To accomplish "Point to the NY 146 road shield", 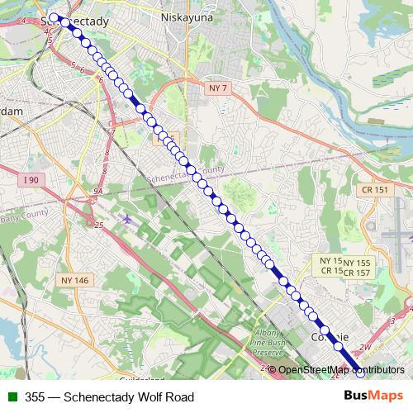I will tap(74, 281).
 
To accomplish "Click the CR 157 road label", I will tap(358, 272).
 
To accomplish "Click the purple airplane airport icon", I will tap(125, 221).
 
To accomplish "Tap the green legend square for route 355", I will tap(11, 396).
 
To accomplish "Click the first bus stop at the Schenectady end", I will tap(55, 17).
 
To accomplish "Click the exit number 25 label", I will tap(99, 225).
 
